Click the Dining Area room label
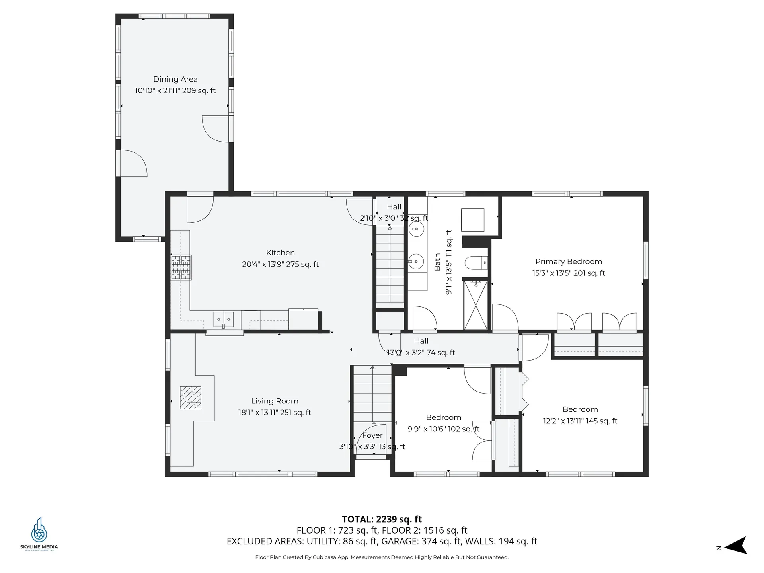click(175, 79)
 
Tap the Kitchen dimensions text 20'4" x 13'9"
click(280, 264)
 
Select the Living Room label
click(275, 401)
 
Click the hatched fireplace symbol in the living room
click(190, 398)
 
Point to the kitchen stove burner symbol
click(181, 267)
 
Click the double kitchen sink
click(223, 319)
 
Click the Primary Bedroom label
click(568, 261)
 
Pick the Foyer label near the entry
click(372, 435)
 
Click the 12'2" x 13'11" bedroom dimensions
click(580, 421)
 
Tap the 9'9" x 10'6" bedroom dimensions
click(443, 429)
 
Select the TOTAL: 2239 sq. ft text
click(382, 519)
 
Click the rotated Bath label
click(437, 262)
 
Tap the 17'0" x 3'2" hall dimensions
click(421, 353)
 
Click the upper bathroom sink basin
click(416, 229)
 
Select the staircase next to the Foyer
click(372, 394)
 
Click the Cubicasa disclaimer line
click(382, 557)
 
